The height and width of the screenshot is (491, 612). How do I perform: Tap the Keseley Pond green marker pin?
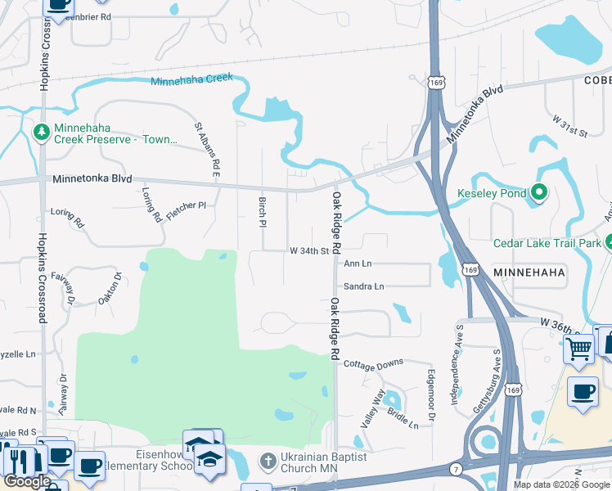point(538,193)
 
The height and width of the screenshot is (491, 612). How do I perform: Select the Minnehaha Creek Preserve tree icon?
point(41,132)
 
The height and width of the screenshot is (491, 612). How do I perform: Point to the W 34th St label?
point(308,251)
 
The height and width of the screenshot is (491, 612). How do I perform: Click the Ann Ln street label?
point(358,264)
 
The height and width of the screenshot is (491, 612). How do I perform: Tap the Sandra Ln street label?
point(363,286)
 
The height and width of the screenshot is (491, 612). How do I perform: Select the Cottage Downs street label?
point(373,363)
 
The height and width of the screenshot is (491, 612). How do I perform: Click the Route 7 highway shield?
point(456,468)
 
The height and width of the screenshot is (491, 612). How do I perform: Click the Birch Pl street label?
point(263,212)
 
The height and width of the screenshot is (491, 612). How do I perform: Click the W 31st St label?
point(569,127)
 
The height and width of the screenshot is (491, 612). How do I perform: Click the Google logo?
point(26,482)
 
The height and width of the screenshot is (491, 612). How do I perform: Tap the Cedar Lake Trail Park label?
point(547,243)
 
